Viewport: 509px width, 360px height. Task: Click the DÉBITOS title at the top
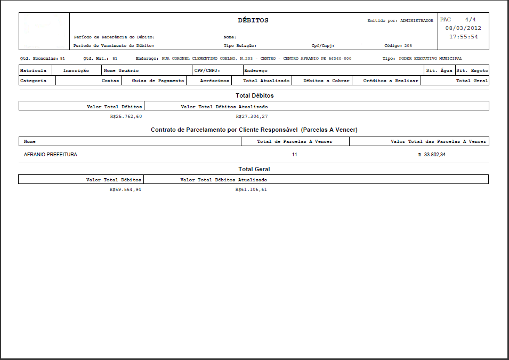coord(253,20)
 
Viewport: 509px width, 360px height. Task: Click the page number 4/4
coord(470,19)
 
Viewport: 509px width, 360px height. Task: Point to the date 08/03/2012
coord(463,28)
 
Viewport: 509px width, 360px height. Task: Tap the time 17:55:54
coord(463,37)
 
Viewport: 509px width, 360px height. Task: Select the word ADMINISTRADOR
coord(416,20)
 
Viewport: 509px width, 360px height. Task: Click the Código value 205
coord(408,46)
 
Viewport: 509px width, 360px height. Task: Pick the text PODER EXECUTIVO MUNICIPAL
coord(427,58)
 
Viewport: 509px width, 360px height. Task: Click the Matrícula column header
coord(33,70)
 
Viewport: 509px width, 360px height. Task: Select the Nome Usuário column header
coord(121,70)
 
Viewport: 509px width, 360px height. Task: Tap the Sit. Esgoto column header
coord(472,70)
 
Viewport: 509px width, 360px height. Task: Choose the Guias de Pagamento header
coord(158,81)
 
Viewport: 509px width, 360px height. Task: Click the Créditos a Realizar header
coord(391,81)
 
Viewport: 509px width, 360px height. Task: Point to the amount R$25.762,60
coord(126,116)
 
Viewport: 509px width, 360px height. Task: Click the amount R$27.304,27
coord(252,116)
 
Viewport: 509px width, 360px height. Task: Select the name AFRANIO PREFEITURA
coord(51,155)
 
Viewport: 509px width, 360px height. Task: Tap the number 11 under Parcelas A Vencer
coord(294,155)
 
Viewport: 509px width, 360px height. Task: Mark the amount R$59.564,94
coord(125,189)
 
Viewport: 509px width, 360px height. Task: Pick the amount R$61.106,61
coord(251,189)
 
